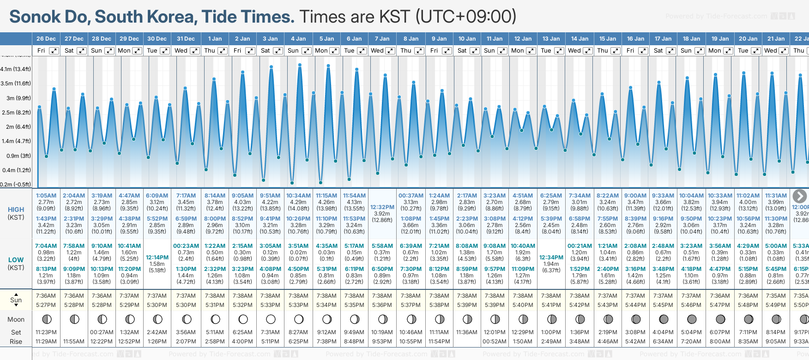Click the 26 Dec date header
coord(46,39)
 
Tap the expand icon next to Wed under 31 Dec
coord(195,51)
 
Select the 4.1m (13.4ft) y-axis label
coord(16,69)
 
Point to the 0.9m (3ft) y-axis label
coord(16,156)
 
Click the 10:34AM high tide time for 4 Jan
coord(298,196)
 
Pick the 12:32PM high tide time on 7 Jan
coord(382,207)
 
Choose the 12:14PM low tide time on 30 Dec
coord(157,258)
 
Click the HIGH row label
coord(16,210)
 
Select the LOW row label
coord(16,260)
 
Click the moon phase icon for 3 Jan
coord(271,319)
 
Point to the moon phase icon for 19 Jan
coord(720,319)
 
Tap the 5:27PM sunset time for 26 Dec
coord(46,305)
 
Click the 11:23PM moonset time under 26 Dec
coord(46,332)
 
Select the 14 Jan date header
coord(580,39)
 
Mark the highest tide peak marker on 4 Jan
coord(300,65)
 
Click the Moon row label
coord(16,319)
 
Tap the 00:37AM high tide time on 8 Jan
coord(411,196)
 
